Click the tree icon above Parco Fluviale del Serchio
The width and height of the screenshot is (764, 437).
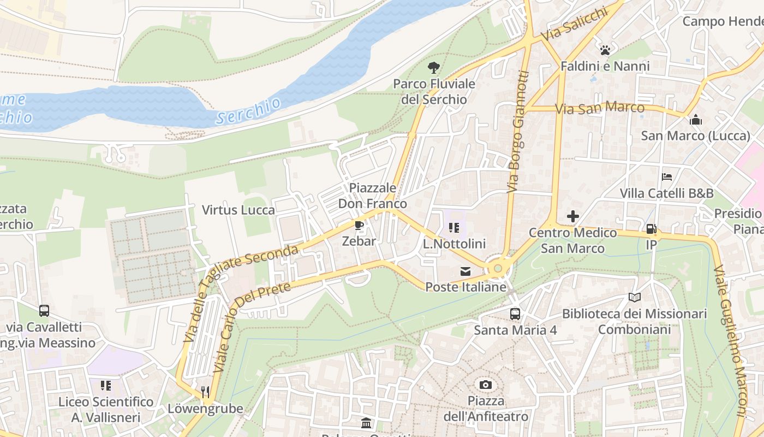tap(434, 68)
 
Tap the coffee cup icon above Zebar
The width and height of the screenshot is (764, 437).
tap(359, 226)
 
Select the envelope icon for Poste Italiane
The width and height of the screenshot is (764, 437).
tap(465, 271)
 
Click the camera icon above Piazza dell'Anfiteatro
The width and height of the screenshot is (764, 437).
tap(485, 385)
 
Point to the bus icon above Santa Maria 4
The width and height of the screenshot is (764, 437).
tap(515, 314)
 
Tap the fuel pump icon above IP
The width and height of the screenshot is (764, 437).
tap(651, 229)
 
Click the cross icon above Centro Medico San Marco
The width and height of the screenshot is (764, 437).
tap(572, 216)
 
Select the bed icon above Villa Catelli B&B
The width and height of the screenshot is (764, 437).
tap(666, 177)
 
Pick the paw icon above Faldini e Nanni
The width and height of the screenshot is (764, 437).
tap(605, 50)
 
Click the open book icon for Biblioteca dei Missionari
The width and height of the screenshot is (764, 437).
tap(634, 298)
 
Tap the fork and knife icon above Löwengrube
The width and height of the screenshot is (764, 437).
tap(205, 392)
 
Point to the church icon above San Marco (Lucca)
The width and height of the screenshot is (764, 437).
tap(696, 120)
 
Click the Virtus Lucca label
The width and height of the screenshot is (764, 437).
tap(238, 210)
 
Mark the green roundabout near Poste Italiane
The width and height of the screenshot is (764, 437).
tap(497, 268)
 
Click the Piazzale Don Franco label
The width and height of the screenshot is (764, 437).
tap(373, 196)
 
